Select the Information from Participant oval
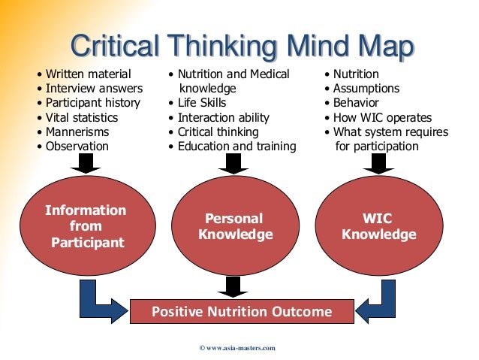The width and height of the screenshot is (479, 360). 86,226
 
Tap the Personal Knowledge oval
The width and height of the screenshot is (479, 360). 235,226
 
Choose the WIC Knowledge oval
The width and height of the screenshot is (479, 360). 378,226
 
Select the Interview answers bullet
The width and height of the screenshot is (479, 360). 94,89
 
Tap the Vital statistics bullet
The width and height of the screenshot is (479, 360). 82,117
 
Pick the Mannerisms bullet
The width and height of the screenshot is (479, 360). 77,132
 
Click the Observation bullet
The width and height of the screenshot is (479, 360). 77,146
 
